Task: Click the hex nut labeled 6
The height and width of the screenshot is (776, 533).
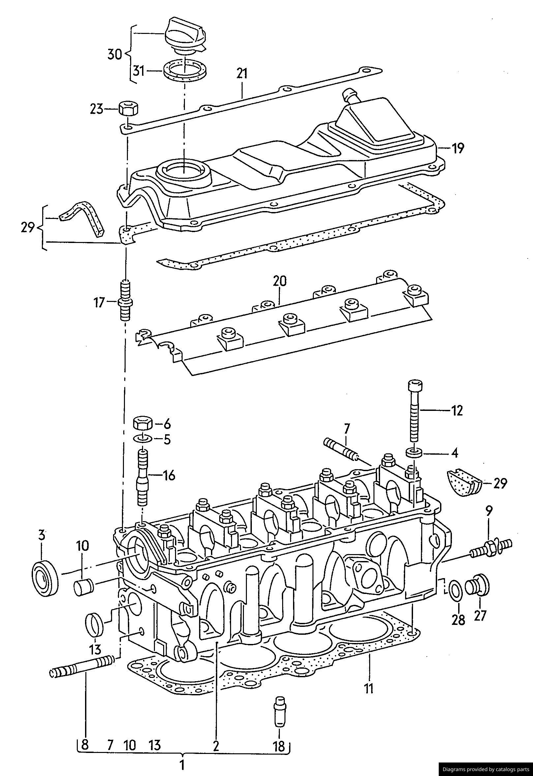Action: [x=143, y=423]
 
